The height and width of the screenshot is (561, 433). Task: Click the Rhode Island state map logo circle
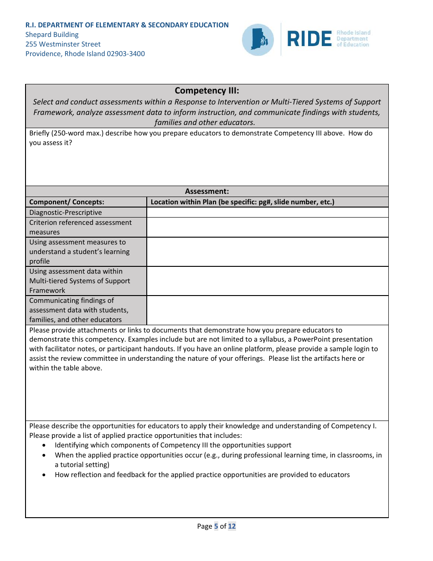(258, 40)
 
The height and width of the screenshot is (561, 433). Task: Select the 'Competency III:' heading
(206, 91)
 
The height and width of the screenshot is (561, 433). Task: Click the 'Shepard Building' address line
(52, 35)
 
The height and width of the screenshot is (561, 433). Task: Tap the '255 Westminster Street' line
(63, 44)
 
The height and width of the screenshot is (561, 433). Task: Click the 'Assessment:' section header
(206, 192)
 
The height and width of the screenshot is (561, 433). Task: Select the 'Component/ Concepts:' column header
(67, 202)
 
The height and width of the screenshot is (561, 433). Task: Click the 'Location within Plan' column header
(242, 202)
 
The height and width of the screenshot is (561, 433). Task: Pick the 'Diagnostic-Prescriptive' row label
(66, 213)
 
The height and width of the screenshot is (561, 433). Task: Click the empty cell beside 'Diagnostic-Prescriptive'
(267, 213)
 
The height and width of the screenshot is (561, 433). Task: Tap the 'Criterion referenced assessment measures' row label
(80, 227)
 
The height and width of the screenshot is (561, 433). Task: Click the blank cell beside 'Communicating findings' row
(267, 310)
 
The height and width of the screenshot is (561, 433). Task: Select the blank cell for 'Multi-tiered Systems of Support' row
(267, 281)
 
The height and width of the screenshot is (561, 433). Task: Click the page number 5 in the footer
(216, 526)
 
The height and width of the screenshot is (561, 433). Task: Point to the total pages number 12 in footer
(232, 526)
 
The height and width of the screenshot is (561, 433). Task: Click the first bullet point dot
(44, 445)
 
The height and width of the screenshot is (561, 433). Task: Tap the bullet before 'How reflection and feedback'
(44, 475)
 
